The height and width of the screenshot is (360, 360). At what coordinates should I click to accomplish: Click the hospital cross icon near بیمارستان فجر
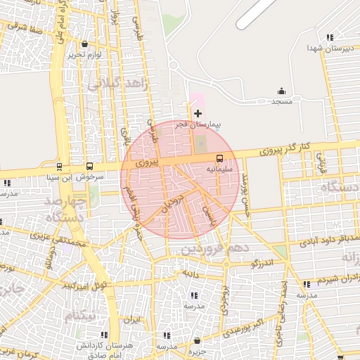[x=198, y=112]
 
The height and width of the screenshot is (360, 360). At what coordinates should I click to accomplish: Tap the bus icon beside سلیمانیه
[x=219, y=158]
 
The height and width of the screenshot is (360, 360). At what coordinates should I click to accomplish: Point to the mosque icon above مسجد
[x=282, y=91]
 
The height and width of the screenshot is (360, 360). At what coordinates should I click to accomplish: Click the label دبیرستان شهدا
[x=323, y=48]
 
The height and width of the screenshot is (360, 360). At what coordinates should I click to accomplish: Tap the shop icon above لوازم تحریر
[x=85, y=44]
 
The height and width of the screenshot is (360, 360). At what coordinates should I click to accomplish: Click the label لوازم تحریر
[x=85, y=54]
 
